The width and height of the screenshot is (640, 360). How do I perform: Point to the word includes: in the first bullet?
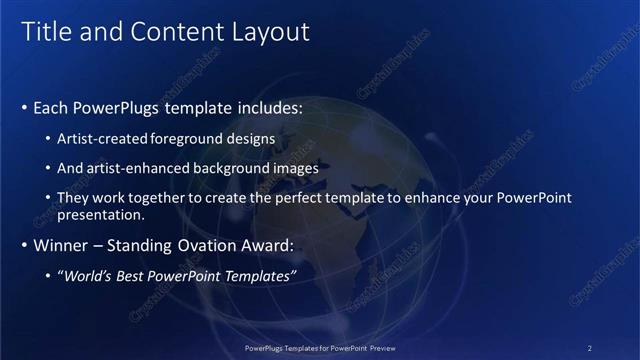265,107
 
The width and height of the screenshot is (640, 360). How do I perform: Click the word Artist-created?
102,138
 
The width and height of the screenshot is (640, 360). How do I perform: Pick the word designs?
253,138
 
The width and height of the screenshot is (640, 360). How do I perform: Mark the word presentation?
101,214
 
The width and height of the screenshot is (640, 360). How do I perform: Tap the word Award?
264,245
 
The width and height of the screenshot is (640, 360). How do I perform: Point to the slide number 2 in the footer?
589,348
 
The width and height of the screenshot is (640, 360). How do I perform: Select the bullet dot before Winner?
24,245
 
